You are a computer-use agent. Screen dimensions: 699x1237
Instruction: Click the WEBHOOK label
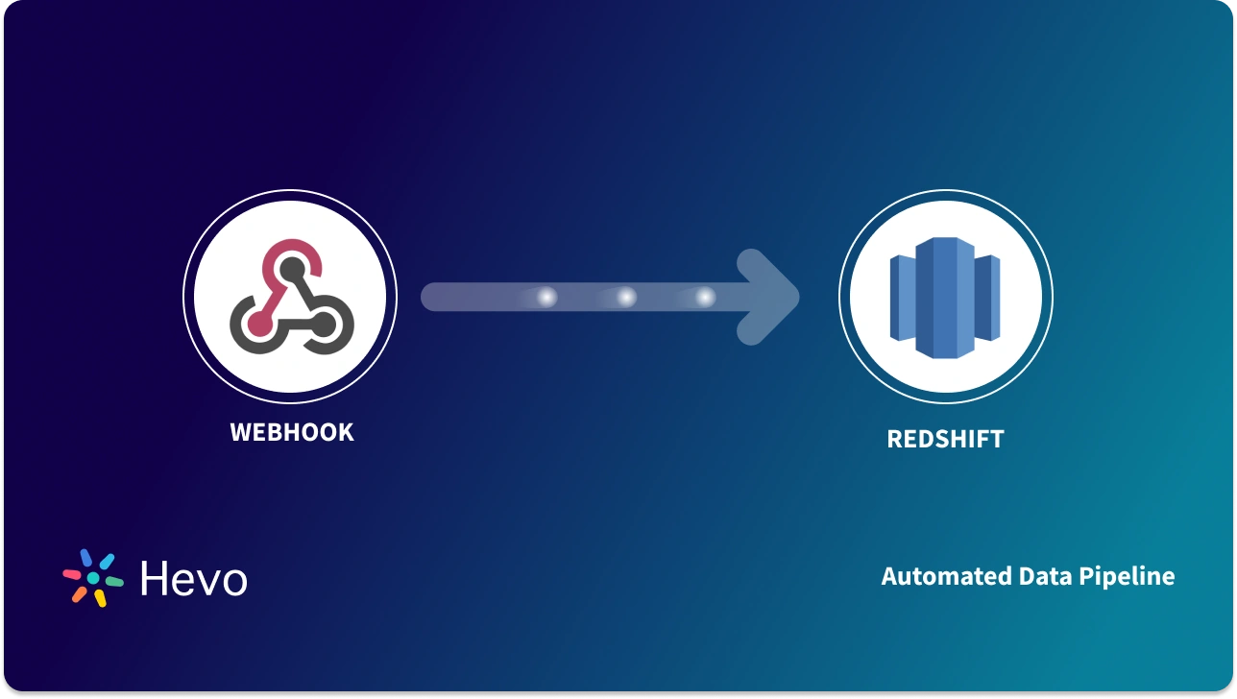pos(292,432)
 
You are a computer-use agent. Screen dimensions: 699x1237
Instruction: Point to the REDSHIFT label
pos(945,439)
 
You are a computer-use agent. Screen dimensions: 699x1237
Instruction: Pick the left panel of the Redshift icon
pos(902,298)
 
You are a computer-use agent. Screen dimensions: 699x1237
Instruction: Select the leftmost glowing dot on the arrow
pos(546,298)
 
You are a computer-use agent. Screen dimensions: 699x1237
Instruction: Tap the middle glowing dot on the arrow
pos(626,298)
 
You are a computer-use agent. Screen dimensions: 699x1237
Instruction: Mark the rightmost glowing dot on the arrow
pos(706,298)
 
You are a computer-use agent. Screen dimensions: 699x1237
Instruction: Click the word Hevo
pos(193,579)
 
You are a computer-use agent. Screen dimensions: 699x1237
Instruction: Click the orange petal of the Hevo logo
pos(80,594)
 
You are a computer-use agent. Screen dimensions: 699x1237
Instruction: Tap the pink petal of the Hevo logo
pos(73,575)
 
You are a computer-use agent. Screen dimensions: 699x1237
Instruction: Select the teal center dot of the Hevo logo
pos(93,578)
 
